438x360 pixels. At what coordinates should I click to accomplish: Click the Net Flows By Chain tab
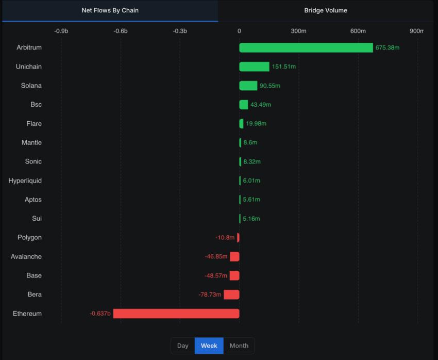[x=110, y=10]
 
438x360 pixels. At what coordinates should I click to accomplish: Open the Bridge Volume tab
[x=325, y=10]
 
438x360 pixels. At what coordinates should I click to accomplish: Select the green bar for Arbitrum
[x=306, y=47]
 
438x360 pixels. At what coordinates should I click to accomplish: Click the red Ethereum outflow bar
[x=176, y=314]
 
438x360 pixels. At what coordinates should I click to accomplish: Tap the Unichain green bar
[x=254, y=67]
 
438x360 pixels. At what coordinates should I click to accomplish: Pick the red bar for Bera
[x=231, y=294]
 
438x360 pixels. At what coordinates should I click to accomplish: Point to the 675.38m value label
[x=388, y=47]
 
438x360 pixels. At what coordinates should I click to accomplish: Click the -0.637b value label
[x=100, y=314]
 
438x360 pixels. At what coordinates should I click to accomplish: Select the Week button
[x=209, y=346]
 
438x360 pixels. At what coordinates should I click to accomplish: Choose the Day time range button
[x=183, y=346]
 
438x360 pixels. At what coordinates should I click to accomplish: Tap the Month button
[x=239, y=346]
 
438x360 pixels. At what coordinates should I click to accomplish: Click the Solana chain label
[x=31, y=86]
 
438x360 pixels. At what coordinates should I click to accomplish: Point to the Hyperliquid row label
[x=25, y=181]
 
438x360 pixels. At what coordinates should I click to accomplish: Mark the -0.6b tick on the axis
[x=121, y=31]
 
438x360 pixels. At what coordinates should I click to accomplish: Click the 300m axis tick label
[x=298, y=31]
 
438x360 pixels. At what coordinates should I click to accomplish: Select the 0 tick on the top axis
[x=239, y=31]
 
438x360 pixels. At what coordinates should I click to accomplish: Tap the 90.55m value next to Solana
[x=270, y=86]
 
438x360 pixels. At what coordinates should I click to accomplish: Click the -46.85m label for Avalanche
[x=216, y=256]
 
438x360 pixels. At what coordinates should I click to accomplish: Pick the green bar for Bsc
[x=244, y=105]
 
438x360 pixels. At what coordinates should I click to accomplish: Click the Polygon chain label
[x=29, y=237]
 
